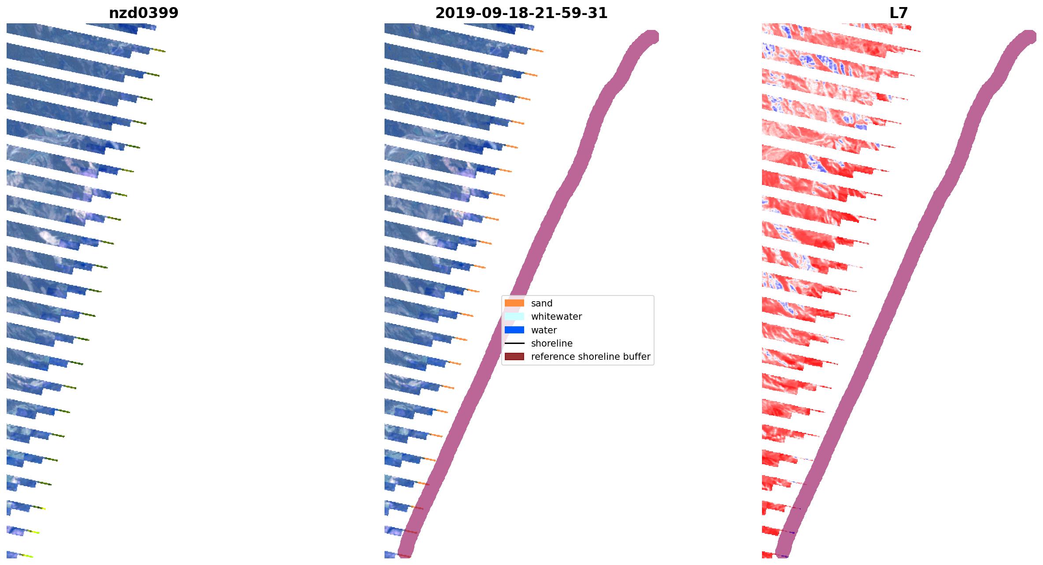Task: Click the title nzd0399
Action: point(144,13)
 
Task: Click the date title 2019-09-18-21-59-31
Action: point(521,13)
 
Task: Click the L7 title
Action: point(899,13)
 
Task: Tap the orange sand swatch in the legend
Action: point(514,303)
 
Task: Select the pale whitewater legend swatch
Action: point(514,316)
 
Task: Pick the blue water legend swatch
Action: point(514,330)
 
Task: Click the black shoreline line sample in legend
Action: point(514,343)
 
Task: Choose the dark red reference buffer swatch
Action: point(514,356)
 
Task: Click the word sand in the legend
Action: point(541,303)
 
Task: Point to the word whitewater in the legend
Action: point(556,316)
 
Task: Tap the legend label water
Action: point(544,330)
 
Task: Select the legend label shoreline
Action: point(551,343)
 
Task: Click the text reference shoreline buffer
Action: point(590,356)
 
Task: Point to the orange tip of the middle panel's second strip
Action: point(537,51)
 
